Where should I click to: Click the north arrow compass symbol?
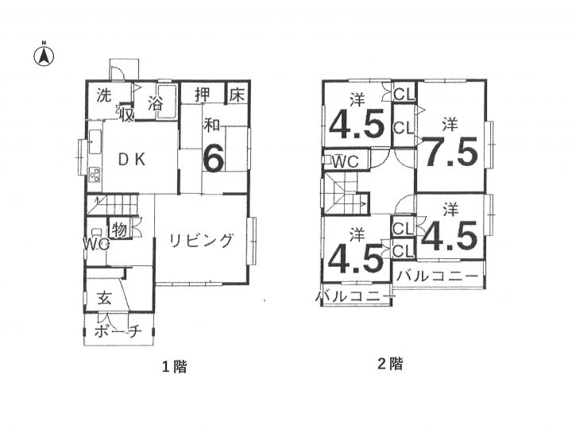44,56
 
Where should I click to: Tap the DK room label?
132,160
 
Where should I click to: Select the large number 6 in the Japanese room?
214,157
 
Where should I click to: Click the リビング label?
201,241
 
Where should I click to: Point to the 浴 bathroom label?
156,103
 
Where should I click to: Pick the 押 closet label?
203,95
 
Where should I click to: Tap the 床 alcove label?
237,95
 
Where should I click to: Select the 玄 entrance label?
104,299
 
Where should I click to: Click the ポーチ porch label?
118,331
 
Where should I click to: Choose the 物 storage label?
119,230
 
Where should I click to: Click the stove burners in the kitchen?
95,174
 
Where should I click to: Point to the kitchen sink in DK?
95,142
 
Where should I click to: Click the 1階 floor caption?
175,366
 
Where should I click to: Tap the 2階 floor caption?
390,364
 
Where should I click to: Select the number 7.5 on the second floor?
451,152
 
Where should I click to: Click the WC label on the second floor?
346,161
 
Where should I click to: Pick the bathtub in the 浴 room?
167,102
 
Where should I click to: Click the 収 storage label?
127,115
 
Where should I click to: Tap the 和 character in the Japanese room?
212,126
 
